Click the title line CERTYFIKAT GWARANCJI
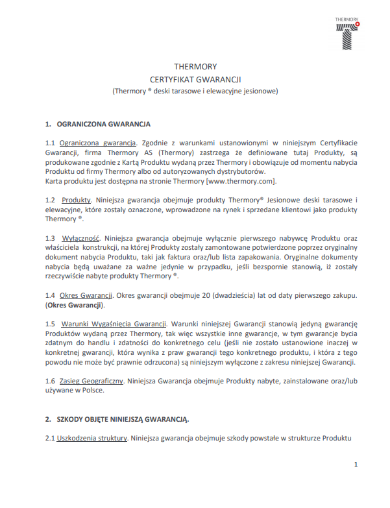195,79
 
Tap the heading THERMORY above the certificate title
195,67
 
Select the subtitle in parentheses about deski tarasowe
195,91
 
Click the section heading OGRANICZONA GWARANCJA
104,123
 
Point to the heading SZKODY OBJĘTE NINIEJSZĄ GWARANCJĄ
123,418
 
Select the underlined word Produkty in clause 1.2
77,200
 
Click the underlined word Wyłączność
81,238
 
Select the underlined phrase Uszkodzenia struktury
91,439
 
